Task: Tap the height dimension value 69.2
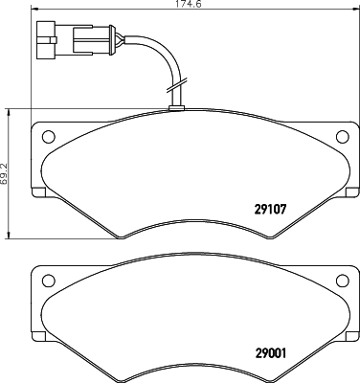(x=7, y=174)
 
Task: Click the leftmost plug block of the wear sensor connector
(x=45, y=39)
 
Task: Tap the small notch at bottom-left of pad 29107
(x=41, y=198)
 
